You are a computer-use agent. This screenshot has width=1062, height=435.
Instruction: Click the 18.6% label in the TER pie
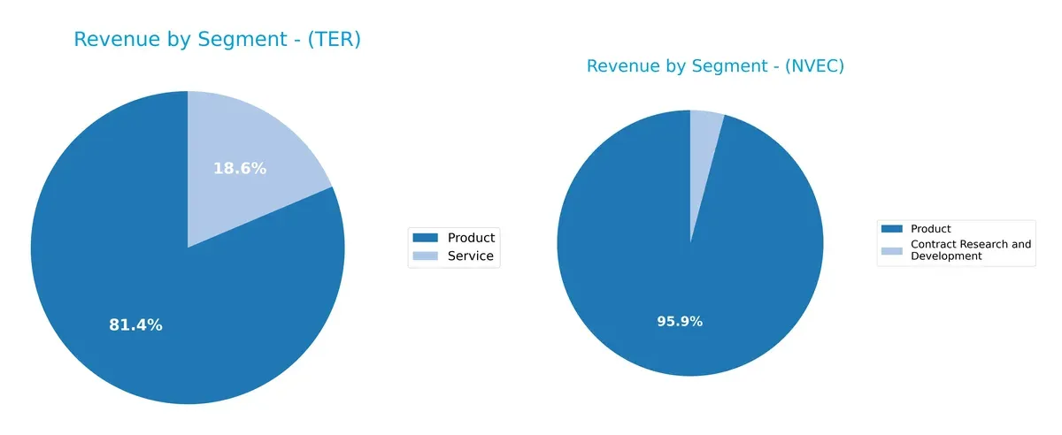[x=240, y=168]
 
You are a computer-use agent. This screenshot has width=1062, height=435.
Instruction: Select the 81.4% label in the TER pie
[x=135, y=325]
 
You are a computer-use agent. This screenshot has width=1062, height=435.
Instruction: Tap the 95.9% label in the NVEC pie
[x=680, y=321]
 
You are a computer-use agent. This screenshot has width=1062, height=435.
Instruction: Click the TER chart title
[x=217, y=40]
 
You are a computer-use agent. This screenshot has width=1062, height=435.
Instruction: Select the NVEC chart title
[x=715, y=66]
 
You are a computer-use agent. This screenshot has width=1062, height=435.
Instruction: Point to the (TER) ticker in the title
[x=333, y=40]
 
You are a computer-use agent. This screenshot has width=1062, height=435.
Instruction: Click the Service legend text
[x=470, y=257]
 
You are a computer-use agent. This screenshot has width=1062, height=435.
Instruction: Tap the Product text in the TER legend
[x=472, y=237]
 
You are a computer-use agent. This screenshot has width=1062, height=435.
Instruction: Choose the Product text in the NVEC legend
[x=931, y=229]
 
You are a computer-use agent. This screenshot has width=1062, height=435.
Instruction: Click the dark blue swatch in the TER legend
[x=427, y=237]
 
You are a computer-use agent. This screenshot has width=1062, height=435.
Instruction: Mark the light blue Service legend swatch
[x=427, y=257]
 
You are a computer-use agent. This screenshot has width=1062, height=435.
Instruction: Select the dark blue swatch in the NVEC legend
[x=892, y=229]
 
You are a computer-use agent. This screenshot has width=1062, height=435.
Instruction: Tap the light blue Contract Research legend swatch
[x=892, y=250]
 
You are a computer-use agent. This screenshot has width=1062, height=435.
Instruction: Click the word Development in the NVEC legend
[x=947, y=256]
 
